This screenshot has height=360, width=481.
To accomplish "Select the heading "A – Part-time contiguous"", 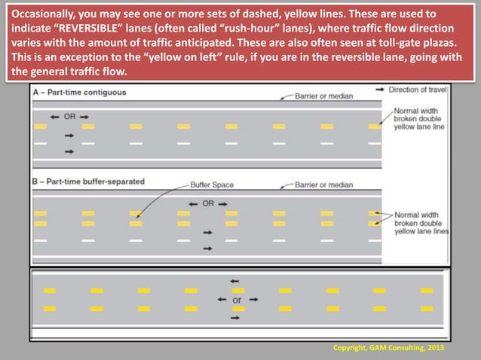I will pyautogui.click(x=79, y=93).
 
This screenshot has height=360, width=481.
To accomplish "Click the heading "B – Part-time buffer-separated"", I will pyautogui.click(x=89, y=182).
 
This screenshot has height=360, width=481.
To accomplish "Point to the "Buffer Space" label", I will pyautogui.click(x=212, y=184).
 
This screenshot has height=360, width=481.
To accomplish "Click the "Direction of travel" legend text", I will pyautogui.click(x=418, y=90).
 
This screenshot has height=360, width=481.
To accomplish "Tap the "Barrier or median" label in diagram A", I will pyautogui.click(x=323, y=96).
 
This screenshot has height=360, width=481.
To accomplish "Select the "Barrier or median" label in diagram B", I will pyautogui.click(x=323, y=185).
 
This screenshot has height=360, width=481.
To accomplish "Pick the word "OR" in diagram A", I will pyautogui.click(x=70, y=117).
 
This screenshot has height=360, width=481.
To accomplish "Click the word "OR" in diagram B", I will pyautogui.click(x=208, y=203).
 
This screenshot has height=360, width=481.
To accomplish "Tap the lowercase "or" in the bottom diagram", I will pyautogui.click(x=237, y=299).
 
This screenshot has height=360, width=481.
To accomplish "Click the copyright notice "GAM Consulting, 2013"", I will pyautogui.click(x=388, y=348).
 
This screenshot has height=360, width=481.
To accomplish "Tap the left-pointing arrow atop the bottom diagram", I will pyautogui.click(x=234, y=281).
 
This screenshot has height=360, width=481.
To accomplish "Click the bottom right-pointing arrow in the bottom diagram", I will pyautogui.click(x=234, y=319).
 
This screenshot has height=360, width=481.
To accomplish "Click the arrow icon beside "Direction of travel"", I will pyautogui.click(x=379, y=90).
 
